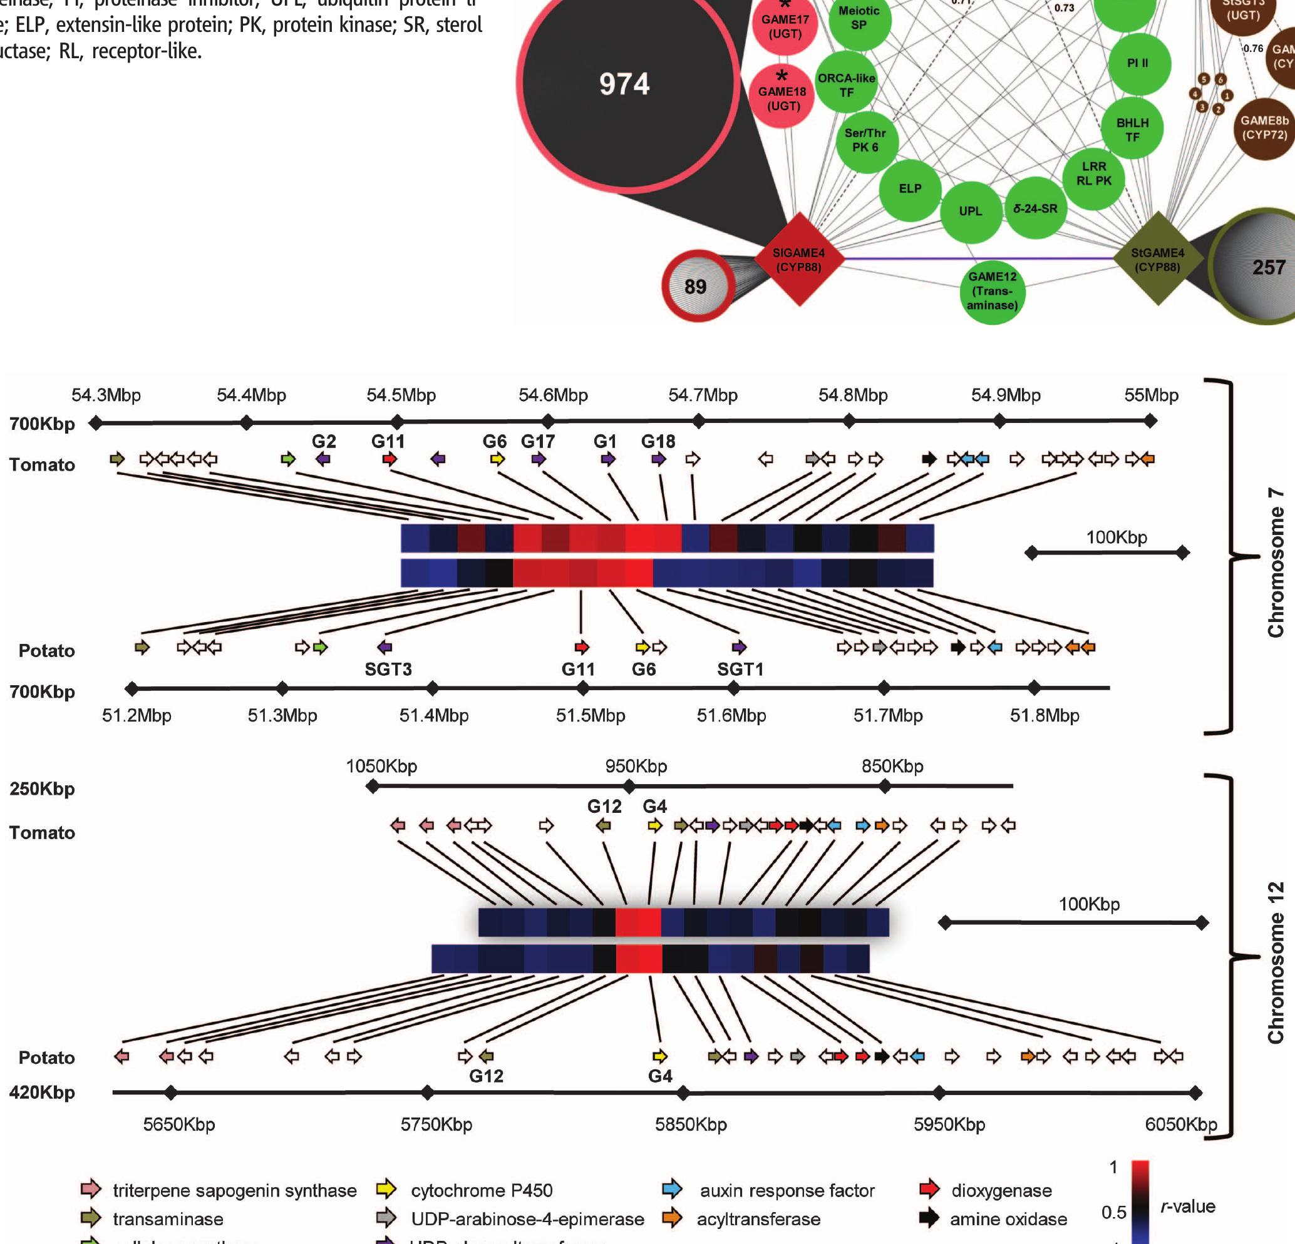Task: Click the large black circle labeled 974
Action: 624,84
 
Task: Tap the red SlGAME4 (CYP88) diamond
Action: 799,260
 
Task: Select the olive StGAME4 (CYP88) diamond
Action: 1157,260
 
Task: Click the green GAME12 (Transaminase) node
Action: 992,291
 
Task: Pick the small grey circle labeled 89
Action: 696,287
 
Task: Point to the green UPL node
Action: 970,212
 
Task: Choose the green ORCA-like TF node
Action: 847,85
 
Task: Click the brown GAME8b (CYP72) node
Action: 1263,128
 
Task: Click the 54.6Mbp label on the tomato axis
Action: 553,395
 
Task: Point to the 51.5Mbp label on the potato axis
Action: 590,715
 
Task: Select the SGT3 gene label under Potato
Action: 388,670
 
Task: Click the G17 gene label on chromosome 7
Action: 538,441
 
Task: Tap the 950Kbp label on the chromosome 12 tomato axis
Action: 636,766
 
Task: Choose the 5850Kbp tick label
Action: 691,1124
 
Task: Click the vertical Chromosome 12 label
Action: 1275,962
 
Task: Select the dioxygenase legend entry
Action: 1001,1191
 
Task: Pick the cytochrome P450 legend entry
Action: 481,1191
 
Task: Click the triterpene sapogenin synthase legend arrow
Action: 91,1189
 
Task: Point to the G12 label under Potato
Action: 486,1076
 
